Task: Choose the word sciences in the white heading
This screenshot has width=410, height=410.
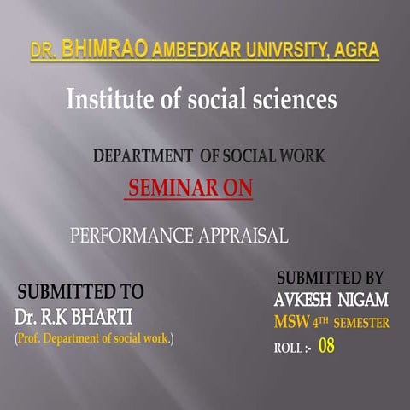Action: (291, 100)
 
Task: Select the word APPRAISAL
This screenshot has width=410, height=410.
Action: (242, 233)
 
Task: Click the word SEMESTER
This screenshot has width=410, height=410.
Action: (360, 324)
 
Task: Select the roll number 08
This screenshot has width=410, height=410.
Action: (326, 346)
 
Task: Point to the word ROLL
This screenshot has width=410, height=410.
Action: (288, 348)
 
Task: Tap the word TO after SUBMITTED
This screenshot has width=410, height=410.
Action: (129, 290)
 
